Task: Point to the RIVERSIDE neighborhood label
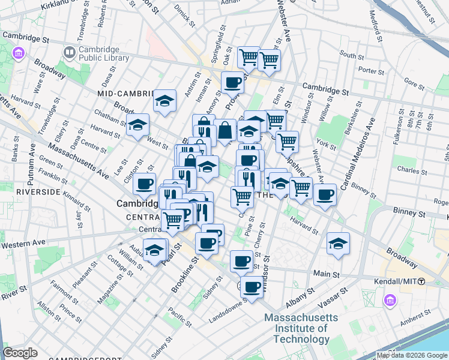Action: [x=38, y=192]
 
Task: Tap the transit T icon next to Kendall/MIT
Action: [x=422, y=281]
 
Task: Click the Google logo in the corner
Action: [x=20, y=353]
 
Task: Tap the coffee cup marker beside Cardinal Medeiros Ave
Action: [x=325, y=194]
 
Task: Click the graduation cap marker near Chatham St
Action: [x=137, y=125]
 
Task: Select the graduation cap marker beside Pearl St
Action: [x=155, y=251]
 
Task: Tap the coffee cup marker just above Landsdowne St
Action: [x=252, y=286]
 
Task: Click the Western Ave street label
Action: [x=23, y=244]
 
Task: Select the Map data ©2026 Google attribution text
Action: [x=412, y=355]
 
